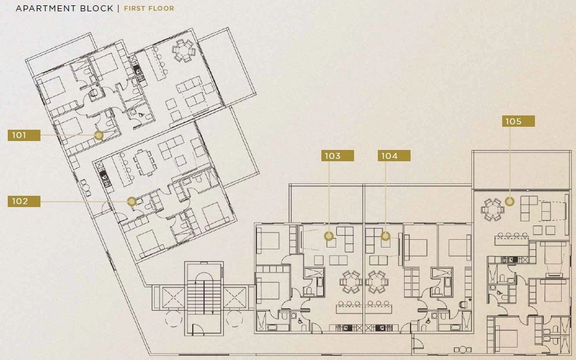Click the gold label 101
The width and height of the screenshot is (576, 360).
coord(24,135)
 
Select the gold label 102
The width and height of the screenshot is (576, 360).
coord(24,201)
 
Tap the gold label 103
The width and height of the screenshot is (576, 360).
coord(337,156)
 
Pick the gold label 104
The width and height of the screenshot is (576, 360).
coord(394,156)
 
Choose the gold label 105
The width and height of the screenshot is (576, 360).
coord(518,121)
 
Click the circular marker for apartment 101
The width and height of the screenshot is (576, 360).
coord(98,136)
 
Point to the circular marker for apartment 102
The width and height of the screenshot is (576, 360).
coord(132,201)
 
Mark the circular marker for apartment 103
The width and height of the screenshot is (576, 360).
coord(329,236)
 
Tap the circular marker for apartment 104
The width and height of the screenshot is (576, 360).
coord(386,236)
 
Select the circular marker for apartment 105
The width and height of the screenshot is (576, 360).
coord(509,201)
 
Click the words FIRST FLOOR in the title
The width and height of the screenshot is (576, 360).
coord(149,8)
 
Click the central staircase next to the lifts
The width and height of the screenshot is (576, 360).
coord(204,298)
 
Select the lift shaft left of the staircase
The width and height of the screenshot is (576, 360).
coord(173,298)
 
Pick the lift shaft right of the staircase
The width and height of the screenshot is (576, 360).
coord(234,298)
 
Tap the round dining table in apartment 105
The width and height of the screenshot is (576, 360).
coord(493,210)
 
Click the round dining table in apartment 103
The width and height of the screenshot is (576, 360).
coord(351,282)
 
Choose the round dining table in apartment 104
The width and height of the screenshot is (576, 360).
coord(377,282)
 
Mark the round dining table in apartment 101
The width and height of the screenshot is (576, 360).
coord(183,51)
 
